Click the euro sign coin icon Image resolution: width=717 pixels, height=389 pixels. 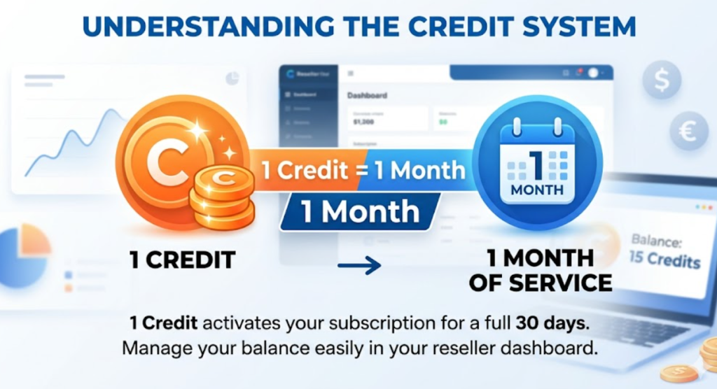pos(689,130)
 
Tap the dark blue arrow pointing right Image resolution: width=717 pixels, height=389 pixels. pos(358,264)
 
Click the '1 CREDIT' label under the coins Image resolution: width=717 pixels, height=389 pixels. pos(181,261)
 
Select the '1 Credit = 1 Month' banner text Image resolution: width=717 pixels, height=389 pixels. pos(363,169)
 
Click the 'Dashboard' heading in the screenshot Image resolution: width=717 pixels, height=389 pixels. pos(367,94)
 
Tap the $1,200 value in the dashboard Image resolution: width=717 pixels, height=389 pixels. pos(365,121)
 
